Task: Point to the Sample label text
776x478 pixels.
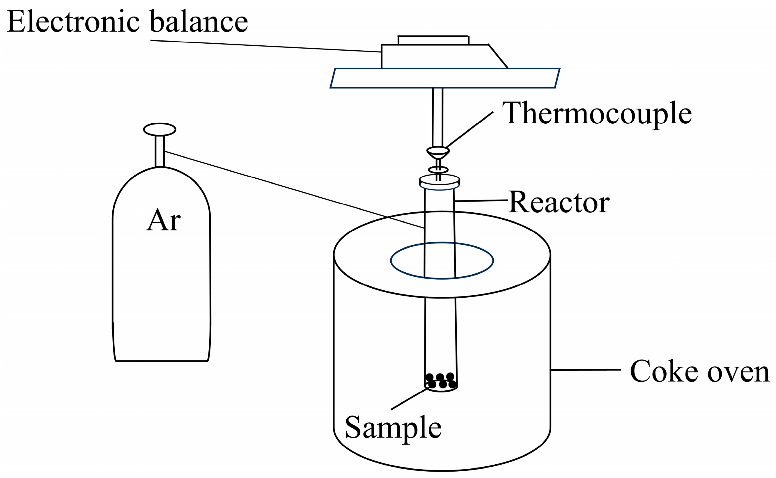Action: tap(393, 427)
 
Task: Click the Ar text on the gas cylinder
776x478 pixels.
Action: tap(163, 220)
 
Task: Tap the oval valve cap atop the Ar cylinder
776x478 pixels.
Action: tap(160, 129)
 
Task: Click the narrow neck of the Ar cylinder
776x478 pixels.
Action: tap(160, 151)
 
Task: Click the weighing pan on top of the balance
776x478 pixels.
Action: tap(433, 40)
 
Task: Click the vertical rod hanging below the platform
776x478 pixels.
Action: tap(438, 117)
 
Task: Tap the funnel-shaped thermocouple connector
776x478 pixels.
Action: tap(438, 153)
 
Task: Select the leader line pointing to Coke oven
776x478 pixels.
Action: tap(585, 369)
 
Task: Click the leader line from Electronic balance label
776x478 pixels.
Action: tap(266, 46)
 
